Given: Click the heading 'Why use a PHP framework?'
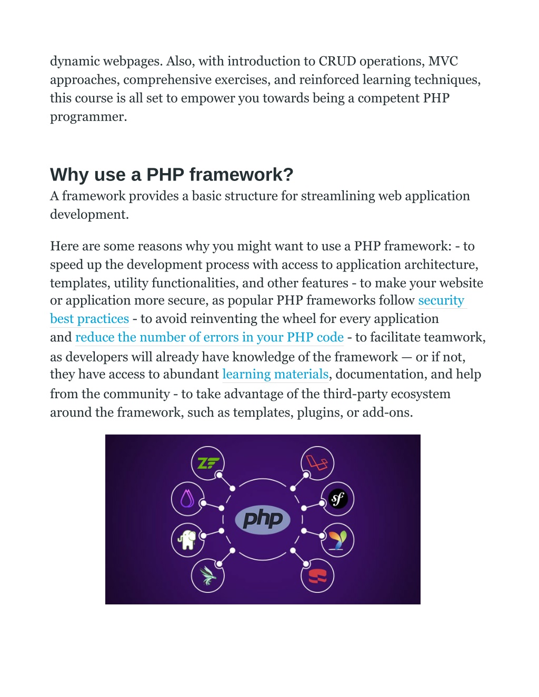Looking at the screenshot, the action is click(172, 175).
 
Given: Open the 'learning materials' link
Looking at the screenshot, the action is click(275, 374).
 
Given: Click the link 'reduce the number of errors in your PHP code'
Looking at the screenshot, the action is click(209, 337).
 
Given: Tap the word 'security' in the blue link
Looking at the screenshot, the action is click(441, 300).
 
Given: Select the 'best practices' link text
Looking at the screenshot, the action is click(89, 319).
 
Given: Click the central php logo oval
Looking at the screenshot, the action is click(263, 519).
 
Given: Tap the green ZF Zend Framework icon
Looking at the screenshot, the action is click(208, 463).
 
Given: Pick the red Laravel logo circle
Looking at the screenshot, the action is click(317, 463).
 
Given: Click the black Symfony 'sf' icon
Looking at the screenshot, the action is click(338, 499).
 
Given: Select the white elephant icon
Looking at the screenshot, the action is click(187, 540).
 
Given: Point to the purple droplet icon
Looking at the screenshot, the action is click(187, 499).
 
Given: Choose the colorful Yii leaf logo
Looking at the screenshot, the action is click(337, 540).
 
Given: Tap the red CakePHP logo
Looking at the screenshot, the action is click(317, 576).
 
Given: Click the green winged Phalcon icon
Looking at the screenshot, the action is click(207, 575).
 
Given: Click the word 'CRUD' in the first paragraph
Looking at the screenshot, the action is click(337, 61).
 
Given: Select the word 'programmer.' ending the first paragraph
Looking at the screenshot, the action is click(88, 117).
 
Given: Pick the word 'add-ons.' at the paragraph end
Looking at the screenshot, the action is click(387, 412).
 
